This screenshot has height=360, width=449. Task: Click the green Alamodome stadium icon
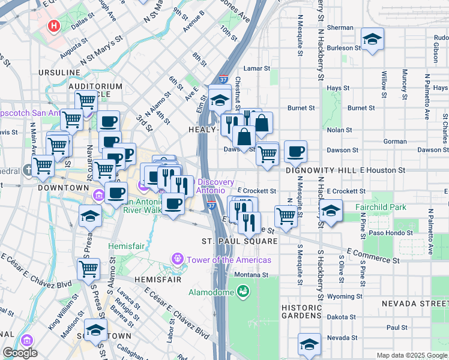coord(243,292)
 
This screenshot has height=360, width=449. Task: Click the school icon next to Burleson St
coord(373,40)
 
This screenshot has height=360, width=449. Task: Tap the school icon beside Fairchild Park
coord(330,210)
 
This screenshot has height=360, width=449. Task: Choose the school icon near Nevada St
coord(310,344)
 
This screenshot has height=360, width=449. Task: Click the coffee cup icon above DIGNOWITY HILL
coord(295,152)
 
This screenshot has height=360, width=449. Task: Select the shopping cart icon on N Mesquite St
coord(286,215)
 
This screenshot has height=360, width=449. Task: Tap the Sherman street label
coord(340,28)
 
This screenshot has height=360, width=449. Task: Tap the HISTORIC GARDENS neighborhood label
coord(302,311)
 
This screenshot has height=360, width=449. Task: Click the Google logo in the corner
coord(19,353)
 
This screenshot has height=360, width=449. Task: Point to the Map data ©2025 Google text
coord(411,355)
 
